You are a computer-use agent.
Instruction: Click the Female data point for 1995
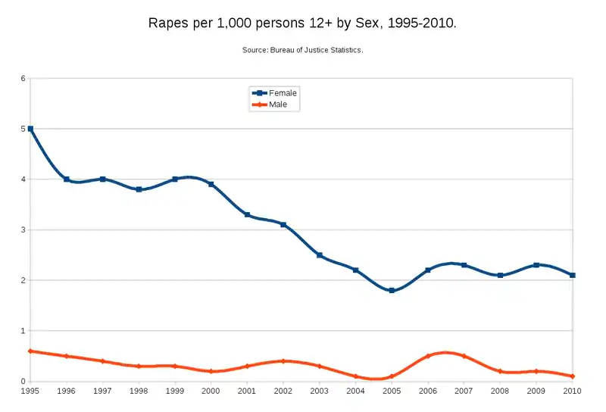30,129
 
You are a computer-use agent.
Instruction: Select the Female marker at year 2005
392,290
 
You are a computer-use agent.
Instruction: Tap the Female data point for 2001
247,215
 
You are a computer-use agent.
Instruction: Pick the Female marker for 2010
573,275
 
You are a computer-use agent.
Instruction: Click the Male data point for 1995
30,351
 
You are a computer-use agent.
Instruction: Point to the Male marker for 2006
428,356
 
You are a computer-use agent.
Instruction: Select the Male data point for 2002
283,361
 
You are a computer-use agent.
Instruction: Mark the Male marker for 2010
573,376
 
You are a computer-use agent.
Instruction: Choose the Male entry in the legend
278,104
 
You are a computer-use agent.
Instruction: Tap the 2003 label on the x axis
320,391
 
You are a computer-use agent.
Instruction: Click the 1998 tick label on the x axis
139,391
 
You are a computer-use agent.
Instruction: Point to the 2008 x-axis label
500,391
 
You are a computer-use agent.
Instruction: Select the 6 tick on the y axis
23,79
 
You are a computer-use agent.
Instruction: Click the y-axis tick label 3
23,230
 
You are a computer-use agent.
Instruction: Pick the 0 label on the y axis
23,382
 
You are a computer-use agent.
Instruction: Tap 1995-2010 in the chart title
421,23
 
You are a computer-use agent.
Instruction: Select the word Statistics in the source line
345,51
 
